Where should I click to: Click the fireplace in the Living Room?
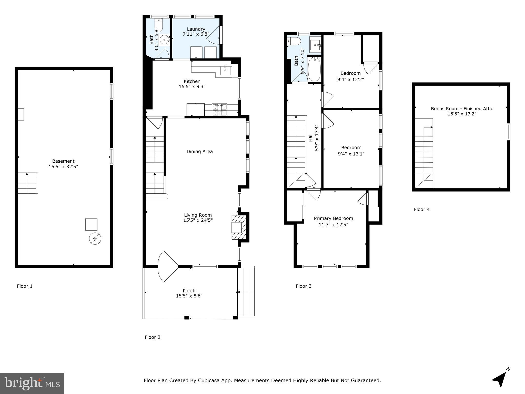(239, 227)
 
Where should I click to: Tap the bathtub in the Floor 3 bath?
(314, 69)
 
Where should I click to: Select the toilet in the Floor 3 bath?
(294, 41)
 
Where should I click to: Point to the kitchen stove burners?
(219, 110)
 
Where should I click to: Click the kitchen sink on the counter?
(226, 70)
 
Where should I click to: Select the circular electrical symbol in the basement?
(95, 239)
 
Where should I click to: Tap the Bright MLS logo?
(32, 383)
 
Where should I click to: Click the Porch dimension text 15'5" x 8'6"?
(189, 296)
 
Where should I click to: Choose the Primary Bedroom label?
(333, 218)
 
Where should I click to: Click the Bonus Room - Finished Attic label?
(462, 109)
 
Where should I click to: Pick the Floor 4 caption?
(421, 209)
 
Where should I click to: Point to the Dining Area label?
(199, 151)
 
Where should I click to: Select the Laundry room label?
(196, 29)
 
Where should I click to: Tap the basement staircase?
(28, 183)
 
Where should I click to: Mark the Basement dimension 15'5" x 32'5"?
(63, 166)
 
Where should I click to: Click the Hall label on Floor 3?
(310, 137)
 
